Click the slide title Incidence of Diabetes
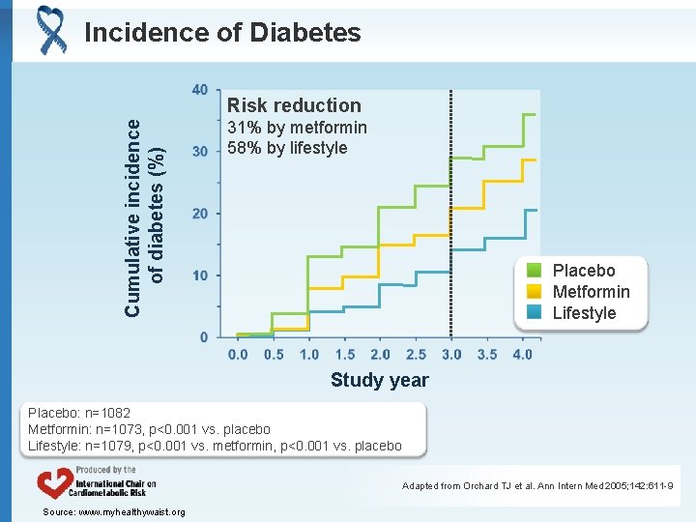click(222, 33)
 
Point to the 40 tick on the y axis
click(199, 90)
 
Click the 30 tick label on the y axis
click(200, 152)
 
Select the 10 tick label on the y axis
click(200, 275)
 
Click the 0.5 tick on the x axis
click(274, 355)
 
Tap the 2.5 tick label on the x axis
click(416, 355)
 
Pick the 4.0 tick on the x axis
click(522, 355)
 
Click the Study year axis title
click(379, 380)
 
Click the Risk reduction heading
click(294, 105)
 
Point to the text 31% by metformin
click(297, 128)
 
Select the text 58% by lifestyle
click(287, 148)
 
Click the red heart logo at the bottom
click(54, 483)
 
